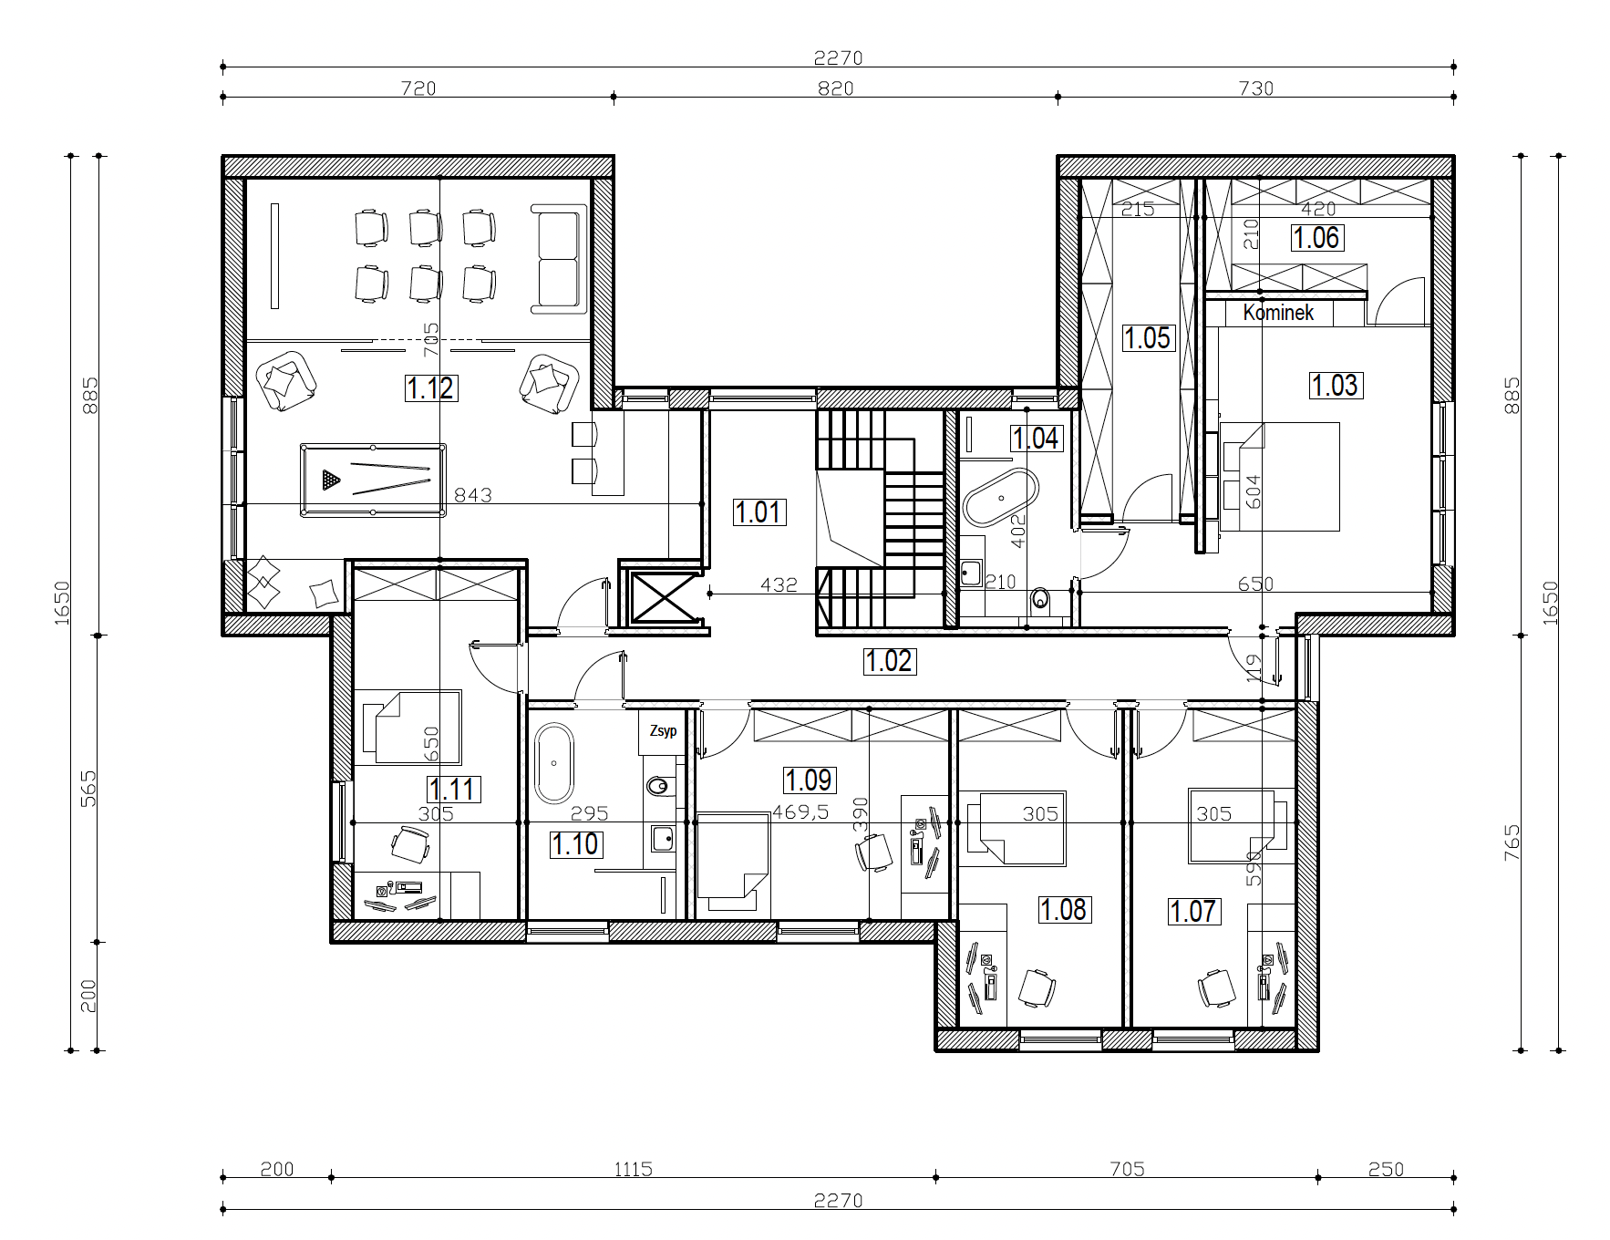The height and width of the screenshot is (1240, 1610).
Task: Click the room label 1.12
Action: pos(430,388)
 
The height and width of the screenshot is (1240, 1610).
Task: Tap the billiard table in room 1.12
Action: pos(374,480)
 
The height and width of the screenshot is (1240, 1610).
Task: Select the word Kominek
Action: pos(1278,313)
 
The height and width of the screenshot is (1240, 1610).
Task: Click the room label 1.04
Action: pos(1037,439)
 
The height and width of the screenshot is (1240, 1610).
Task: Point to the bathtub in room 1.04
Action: pos(1001,498)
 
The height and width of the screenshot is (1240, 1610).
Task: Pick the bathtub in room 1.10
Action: pos(553,763)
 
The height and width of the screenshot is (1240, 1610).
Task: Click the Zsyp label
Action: pos(663,731)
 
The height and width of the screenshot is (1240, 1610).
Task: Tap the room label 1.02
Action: pos(889,661)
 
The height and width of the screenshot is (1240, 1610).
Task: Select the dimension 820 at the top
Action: pos(836,88)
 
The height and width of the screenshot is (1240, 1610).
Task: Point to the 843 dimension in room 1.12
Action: pos(473,495)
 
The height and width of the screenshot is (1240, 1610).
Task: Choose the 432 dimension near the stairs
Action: pos(779,584)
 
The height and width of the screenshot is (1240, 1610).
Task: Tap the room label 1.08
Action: pos(1064,909)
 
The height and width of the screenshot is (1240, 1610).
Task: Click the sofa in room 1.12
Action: pos(558,260)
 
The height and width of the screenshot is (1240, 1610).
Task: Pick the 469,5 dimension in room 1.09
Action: pos(800,811)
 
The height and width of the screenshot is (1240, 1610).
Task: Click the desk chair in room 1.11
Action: pos(409,845)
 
